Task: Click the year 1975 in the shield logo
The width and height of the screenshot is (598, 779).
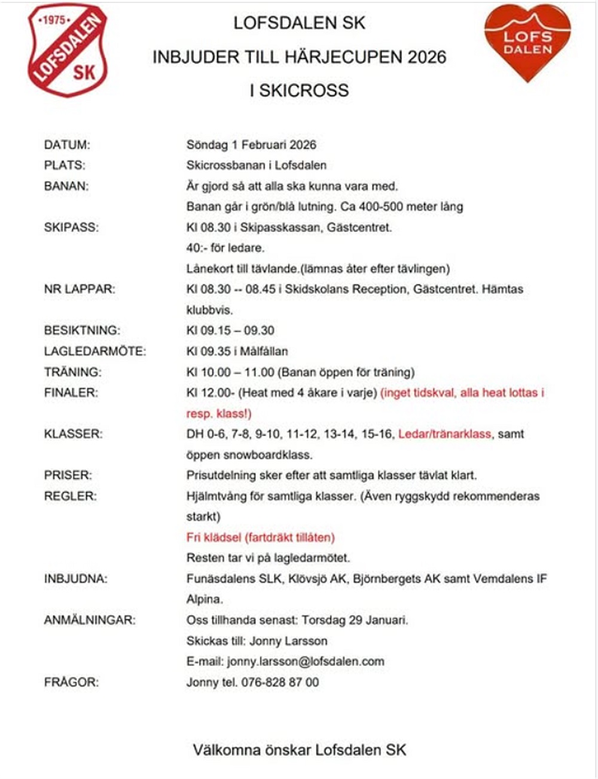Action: (54, 20)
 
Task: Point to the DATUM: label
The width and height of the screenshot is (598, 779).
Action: (67, 145)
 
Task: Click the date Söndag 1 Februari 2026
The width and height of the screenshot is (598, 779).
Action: (251, 145)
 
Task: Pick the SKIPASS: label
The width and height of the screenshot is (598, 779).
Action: (71, 227)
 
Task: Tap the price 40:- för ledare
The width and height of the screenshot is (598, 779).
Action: (225, 248)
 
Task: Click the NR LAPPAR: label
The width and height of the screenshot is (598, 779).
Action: (79, 289)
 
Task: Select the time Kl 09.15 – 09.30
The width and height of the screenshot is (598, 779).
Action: (230, 331)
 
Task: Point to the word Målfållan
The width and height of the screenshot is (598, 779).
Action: (264, 352)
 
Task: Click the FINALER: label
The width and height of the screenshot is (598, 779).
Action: (71, 393)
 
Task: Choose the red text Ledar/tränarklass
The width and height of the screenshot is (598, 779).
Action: (444, 434)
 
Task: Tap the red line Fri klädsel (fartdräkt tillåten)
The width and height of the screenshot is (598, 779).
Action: (260, 537)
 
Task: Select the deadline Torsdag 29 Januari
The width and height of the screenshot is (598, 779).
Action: (355, 620)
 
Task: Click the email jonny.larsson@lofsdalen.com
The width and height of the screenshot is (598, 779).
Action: (306, 662)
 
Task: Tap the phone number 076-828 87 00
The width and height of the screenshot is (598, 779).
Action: (280, 682)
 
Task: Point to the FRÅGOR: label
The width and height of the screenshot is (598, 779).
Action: (71, 682)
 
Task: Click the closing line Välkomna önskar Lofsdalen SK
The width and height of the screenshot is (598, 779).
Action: (299, 750)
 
